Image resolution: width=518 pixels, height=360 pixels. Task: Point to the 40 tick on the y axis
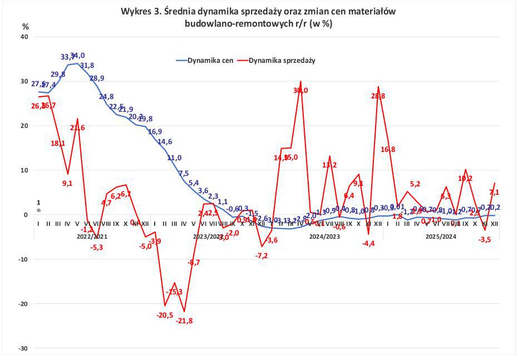click(24, 37)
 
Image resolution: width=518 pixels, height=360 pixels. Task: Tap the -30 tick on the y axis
click(23, 348)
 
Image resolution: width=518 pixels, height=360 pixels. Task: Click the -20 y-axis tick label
click(23, 304)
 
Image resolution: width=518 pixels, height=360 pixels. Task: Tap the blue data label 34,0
click(77, 56)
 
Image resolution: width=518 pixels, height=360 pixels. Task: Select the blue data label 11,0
click(175, 157)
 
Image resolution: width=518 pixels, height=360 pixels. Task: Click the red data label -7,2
click(262, 255)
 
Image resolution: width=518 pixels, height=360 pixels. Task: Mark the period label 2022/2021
click(92, 236)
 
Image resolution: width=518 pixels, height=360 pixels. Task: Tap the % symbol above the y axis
click(25, 26)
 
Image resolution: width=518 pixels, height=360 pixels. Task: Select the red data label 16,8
click(387, 149)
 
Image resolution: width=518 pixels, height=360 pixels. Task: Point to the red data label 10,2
click(465, 179)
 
